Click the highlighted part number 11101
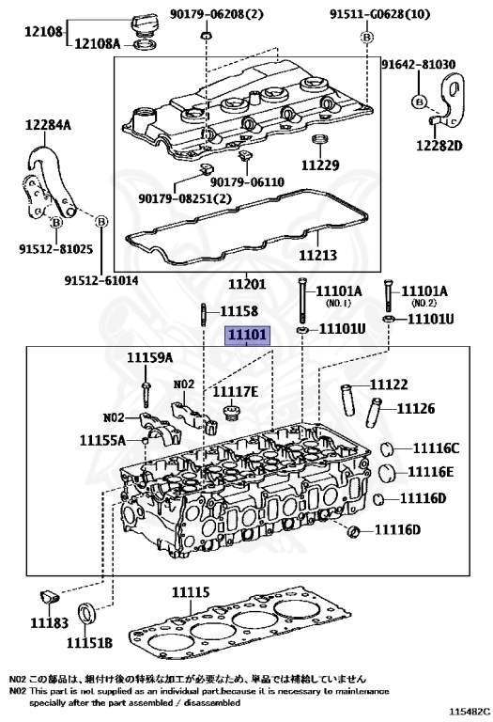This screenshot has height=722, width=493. click(x=247, y=337)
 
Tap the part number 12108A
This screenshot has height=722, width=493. click(x=97, y=44)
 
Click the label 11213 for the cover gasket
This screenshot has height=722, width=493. click(x=317, y=255)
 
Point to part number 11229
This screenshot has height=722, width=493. click(x=320, y=165)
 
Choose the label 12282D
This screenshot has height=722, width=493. click(x=439, y=146)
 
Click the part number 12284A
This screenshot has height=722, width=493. click(x=48, y=124)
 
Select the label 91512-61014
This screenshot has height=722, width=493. click(x=101, y=280)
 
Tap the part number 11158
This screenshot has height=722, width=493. click(x=239, y=311)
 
